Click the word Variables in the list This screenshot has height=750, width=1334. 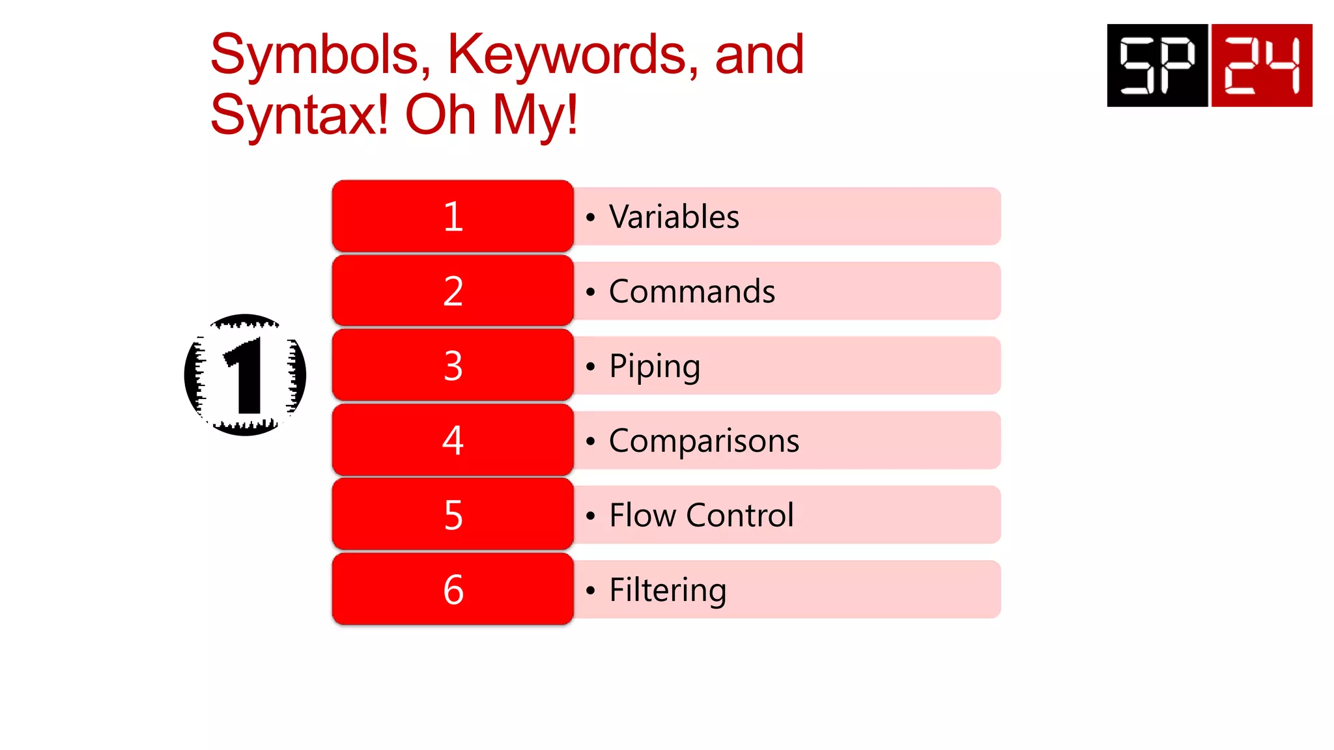point(674,217)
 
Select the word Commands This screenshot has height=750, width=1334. point(692,292)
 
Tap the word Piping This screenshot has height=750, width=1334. point(655,367)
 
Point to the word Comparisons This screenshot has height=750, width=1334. point(704,441)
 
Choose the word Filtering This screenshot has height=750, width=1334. point(668,590)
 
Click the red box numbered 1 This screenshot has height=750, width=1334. point(453,216)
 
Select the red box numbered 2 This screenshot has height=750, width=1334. point(453,291)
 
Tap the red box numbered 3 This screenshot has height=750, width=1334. point(453,365)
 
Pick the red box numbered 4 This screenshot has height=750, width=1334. point(453,440)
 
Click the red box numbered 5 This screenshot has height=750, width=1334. point(453,515)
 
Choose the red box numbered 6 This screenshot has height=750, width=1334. point(453,589)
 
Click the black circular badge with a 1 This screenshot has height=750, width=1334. point(246,375)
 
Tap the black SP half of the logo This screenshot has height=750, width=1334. point(1157,65)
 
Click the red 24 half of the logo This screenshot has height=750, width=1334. point(1262,65)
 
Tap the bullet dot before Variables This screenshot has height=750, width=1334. point(591,217)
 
